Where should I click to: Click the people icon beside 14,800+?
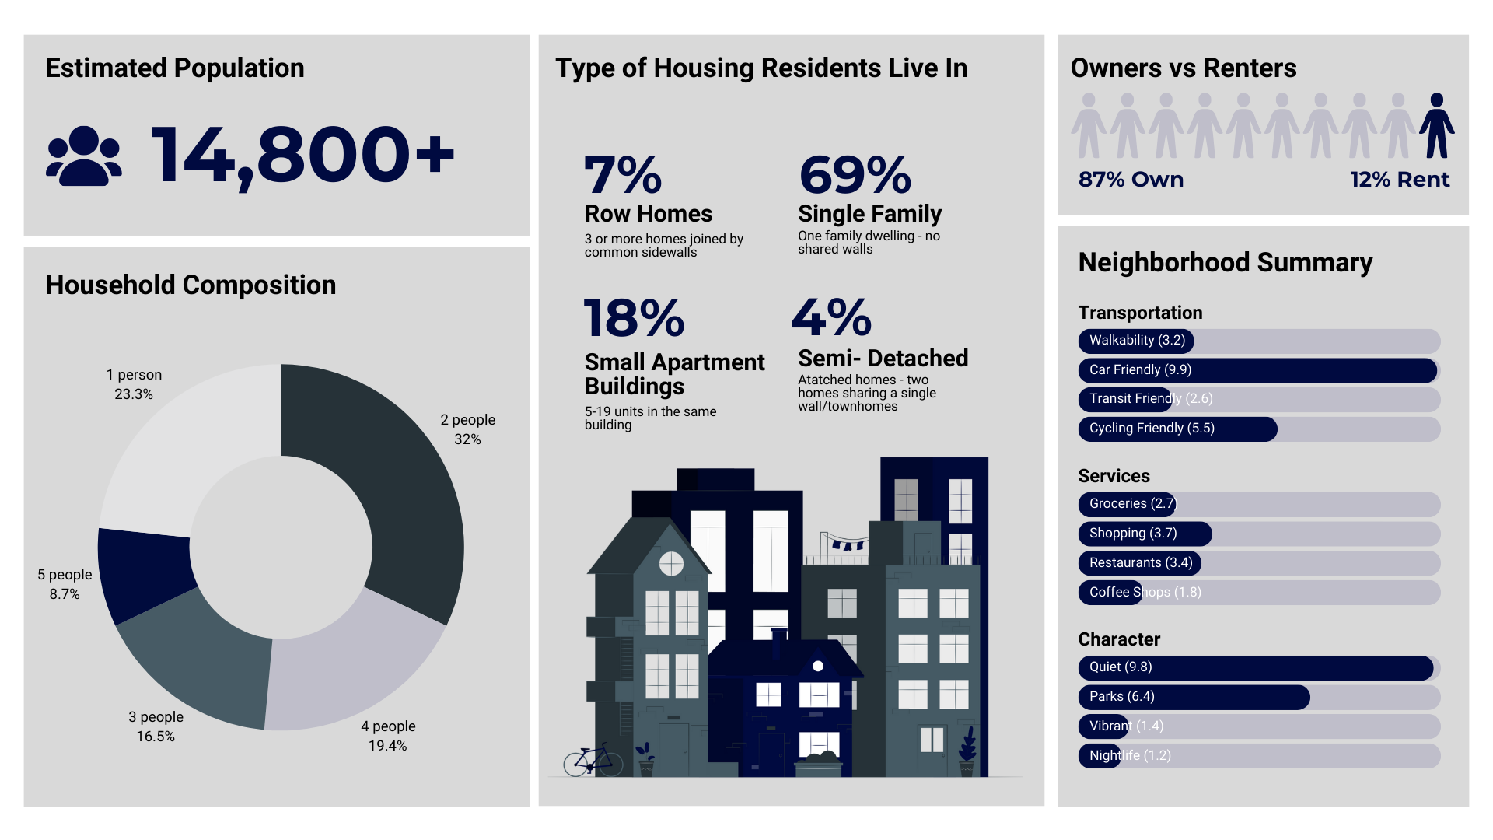[84, 156]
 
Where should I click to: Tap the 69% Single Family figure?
[855, 175]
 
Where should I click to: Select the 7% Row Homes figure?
[622, 176]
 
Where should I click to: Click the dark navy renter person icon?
[1436, 126]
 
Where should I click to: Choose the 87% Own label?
[1131, 180]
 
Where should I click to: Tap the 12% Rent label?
[1400, 180]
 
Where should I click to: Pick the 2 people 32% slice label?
[467, 429]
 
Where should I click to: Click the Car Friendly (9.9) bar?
[1257, 370]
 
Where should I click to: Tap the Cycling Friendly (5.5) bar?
[1177, 429]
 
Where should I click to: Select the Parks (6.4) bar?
[1194, 697]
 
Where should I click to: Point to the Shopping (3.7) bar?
[1145, 534]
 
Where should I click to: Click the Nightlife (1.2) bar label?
[1129, 756]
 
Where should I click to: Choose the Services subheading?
[1114, 476]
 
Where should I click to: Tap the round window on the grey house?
[671, 563]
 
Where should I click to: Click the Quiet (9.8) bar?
[1255, 667]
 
